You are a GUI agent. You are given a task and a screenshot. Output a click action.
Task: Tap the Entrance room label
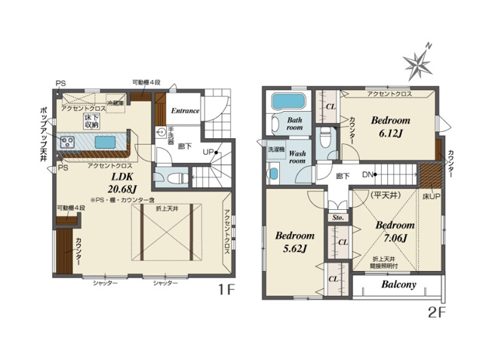[x=184, y=111]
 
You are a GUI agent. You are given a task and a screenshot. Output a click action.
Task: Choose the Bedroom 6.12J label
[x=390, y=126]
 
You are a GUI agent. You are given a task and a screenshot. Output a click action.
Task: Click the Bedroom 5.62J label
[x=293, y=242]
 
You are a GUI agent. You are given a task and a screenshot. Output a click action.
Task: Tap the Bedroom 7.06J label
[x=393, y=232]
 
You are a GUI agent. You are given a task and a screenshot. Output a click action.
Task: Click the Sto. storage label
[x=337, y=220]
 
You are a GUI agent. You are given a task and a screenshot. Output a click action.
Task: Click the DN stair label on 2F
[x=369, y=175]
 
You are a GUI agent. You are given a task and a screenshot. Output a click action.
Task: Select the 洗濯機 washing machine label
[x=275, y=151]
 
